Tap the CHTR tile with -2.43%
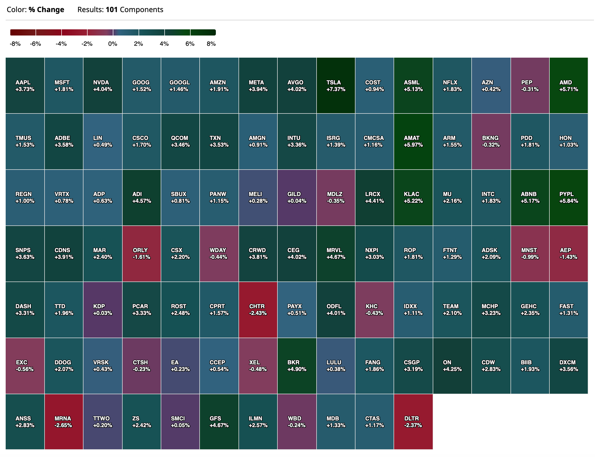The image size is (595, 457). pos(258,310)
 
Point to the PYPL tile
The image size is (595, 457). pos(568,197)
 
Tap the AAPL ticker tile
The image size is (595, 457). pos(25,85)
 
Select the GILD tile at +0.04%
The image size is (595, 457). pos(296,197)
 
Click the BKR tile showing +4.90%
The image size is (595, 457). pos(296,366)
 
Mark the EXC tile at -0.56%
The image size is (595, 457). pos(25,366)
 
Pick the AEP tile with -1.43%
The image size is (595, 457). pos(568,253)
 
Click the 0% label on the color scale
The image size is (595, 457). pos(113,44)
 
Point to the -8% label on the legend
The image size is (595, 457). pos(15,44)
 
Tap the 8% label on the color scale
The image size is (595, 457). pos(211,44)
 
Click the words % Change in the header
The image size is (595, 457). pos(46,10)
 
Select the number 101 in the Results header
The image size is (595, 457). pos(111,10)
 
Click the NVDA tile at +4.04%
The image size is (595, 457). pos(103,85)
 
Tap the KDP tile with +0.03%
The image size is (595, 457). pos(103,310)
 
